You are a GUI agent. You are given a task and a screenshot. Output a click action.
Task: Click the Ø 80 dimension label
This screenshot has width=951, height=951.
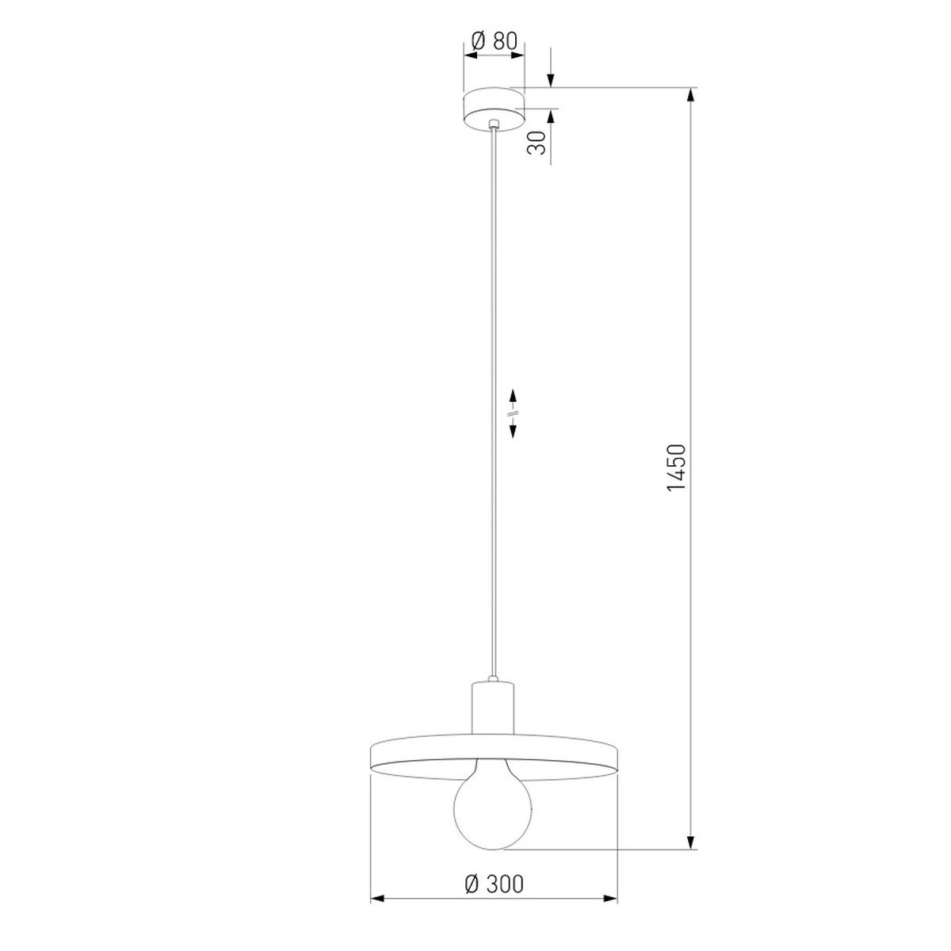494,41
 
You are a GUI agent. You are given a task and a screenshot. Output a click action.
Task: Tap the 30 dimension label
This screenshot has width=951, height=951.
537,143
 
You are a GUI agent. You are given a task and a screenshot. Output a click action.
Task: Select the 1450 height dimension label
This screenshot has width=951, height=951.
676,468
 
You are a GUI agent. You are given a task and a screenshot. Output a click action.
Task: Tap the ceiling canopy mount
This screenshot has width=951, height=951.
494,109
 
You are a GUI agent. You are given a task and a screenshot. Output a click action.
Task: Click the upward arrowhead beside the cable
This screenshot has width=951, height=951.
513,397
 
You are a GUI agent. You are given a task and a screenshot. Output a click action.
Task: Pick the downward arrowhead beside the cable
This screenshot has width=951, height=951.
513,431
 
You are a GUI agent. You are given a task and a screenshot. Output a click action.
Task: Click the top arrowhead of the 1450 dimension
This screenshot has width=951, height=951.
691,97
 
